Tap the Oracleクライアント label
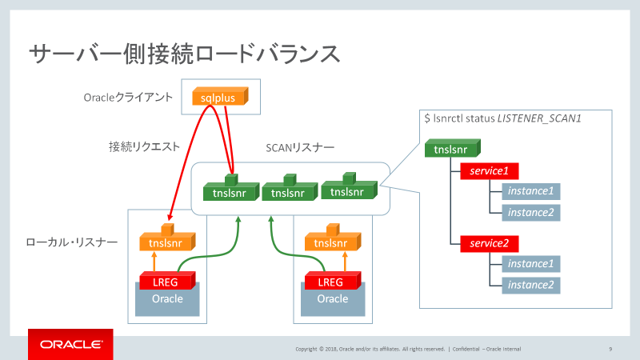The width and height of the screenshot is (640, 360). coord(129,98)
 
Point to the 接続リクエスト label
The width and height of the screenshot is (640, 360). coord(144,146)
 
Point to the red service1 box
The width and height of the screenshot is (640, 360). coord(489,170)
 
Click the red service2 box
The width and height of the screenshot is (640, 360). coord(489,243)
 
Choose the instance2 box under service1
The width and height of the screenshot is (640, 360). coord(530,213)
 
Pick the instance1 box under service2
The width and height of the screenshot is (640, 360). coord(530,264)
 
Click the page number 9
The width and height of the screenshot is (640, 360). coord(610,349)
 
